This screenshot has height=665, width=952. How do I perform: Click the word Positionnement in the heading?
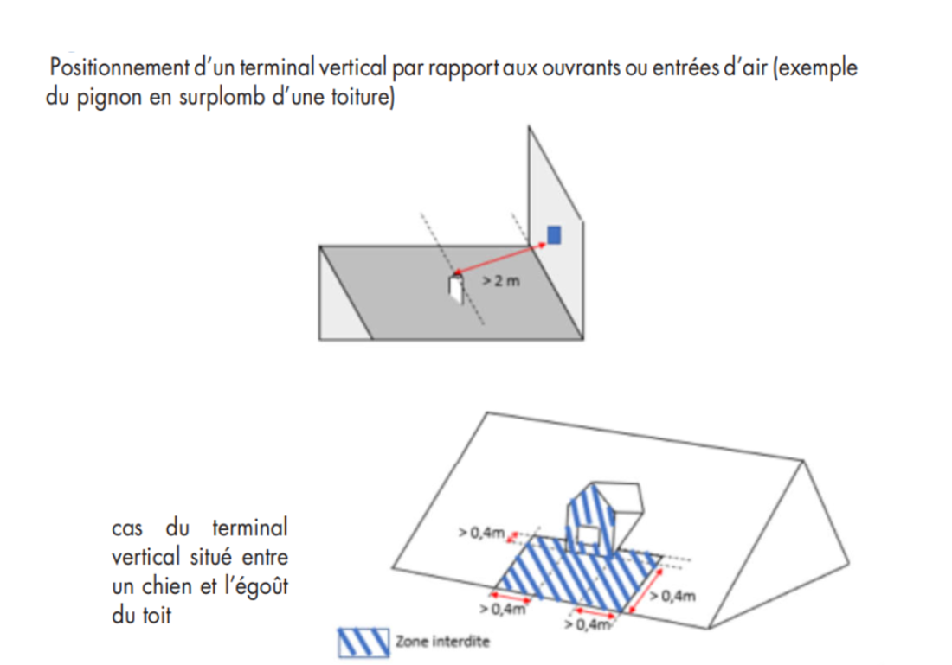pos(119,67)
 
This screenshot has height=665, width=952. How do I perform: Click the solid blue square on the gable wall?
pos(554,235)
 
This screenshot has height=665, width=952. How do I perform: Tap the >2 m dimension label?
pos(501,281)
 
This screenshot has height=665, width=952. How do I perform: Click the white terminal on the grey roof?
pos(456,289)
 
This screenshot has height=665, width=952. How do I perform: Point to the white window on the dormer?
pos(588,535)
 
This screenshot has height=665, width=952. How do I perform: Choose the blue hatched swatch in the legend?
pos(363,643)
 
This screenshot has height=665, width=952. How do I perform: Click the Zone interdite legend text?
pos(442,642)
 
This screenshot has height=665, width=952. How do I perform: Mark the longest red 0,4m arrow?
pos(645,590)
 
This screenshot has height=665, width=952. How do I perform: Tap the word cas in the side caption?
pos(127,528)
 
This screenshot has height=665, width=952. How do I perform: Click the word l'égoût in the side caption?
pos(256,586)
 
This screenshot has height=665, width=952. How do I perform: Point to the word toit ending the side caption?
pos(157,615)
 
